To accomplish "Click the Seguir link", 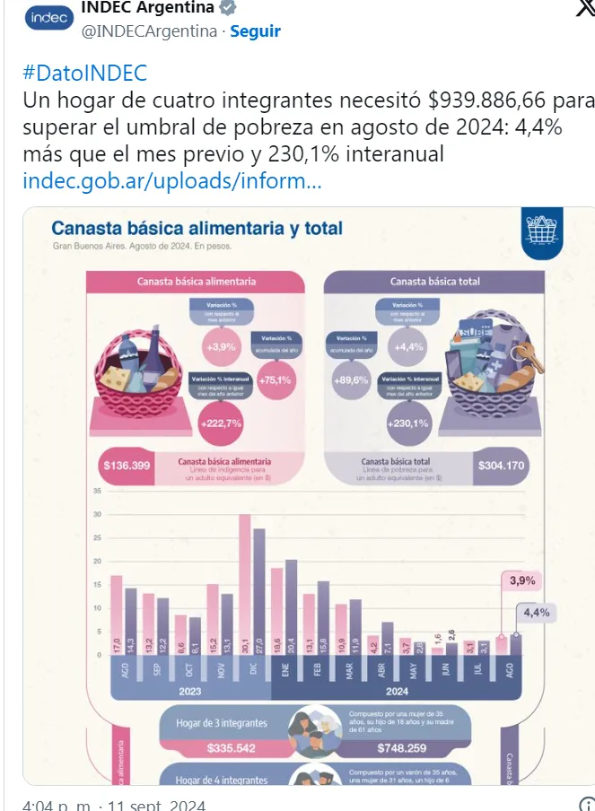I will [x=256, y=31].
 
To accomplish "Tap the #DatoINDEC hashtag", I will [x=84, y=74].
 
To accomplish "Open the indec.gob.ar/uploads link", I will [x=171, y=181].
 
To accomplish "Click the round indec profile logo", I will [x=48, y=19].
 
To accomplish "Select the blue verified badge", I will [x=229, y=8].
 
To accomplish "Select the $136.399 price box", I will [x=127, y=466].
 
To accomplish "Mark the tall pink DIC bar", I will [x=244, y=583].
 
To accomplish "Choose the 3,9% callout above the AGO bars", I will [x=522, y=580].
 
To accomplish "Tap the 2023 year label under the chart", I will [x=189, y=692].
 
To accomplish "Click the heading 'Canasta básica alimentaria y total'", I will [x=197, y=228].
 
